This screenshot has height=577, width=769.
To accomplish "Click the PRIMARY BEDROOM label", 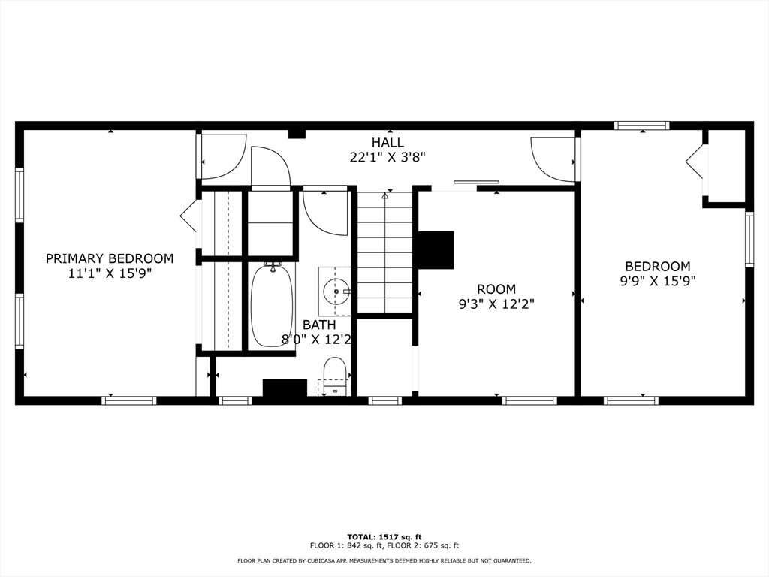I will pyautogui.click(x=110, y=258).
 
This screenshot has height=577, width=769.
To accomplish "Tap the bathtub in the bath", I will pyautogui.click(x=272, y=305).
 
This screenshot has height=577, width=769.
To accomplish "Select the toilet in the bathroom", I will pyautogui.click(x=335, y=376).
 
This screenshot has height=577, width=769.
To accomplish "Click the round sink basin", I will pyautogui.click(x=336, y=288).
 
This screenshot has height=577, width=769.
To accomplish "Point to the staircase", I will pyautogui.click(x=384, y=252).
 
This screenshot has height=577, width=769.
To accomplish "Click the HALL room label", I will pyautogui.click(x=388, y=142).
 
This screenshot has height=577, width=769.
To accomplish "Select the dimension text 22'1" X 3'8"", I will pyautogui.click(x=388, y=157).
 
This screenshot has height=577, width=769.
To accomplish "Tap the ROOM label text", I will pyautogui.click(x=496, y=289).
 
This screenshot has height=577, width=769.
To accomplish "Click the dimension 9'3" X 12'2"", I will pyautogui.click(x=496, y=304).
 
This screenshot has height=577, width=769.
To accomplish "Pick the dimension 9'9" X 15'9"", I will pyautogui.click(x=658, y=281).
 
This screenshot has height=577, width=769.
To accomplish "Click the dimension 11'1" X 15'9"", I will pyautogui.click(x=110, y=273).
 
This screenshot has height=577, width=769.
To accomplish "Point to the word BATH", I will pyautogui.click(x=319, y=325).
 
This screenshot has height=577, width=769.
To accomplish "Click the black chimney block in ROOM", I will pyautogui.click(x=436, y=249).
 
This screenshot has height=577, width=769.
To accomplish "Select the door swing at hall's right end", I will pyautogui.click(x=553, y=159).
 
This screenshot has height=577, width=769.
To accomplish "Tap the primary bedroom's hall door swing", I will pyautogui.click(x=223, y=156).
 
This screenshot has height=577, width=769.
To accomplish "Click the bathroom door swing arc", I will pyautogui.click(x=324, y=212).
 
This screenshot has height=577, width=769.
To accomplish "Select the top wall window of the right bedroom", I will pyautogui.click(x=641, y=125).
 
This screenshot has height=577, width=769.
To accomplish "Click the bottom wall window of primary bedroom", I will pyautogui.click(x=129, y=400).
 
